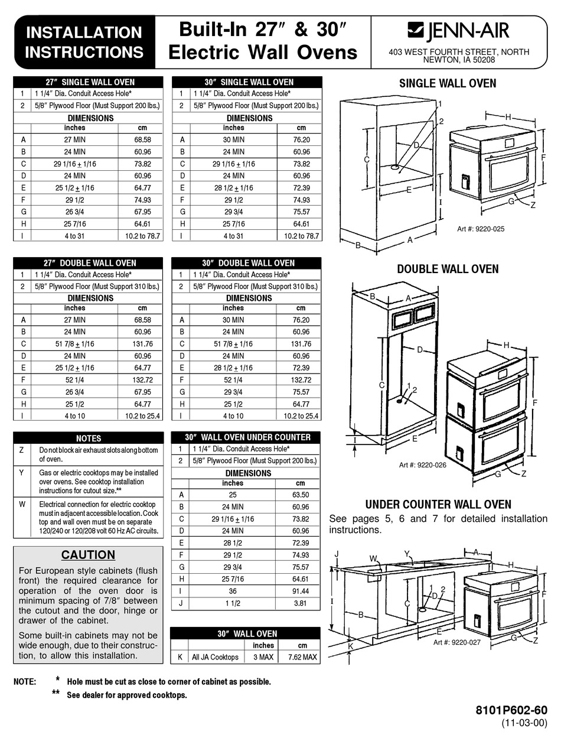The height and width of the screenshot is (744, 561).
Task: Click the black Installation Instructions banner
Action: pos(84,42)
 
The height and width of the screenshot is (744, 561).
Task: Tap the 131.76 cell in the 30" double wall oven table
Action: pos(301,344)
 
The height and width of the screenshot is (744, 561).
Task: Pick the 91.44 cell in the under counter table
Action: pos(301,591)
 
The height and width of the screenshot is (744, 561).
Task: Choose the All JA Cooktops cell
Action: pos(215,657)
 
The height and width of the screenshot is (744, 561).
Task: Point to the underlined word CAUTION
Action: pos(88,555)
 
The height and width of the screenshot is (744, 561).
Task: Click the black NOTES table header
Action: pos(88,438)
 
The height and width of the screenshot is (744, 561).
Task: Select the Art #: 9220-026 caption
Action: pos(422,465)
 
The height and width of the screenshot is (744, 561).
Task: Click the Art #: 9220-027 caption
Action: pos(457,642)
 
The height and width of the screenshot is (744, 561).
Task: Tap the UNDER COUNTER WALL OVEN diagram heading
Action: pos(438,505)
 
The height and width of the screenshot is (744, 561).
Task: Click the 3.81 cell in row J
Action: pos(301,603)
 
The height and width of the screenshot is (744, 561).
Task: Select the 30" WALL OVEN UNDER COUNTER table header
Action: pos(246,437)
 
